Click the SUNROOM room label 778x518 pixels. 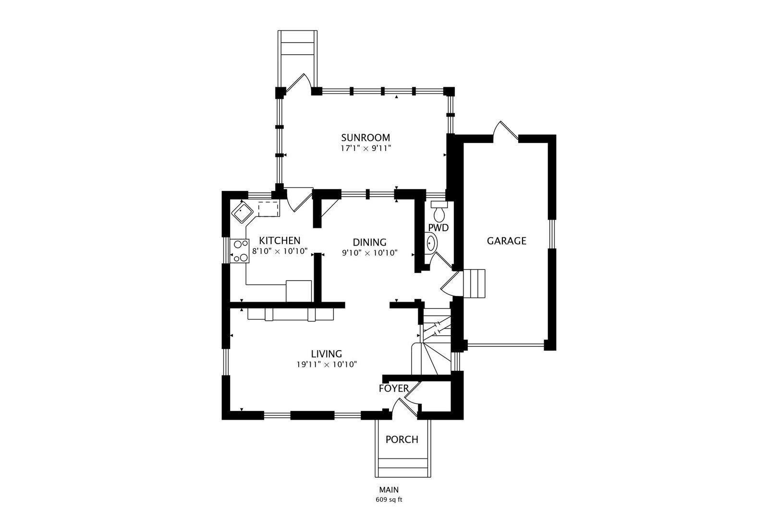(x=365, y=138)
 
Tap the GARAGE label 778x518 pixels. (x=507, y=241)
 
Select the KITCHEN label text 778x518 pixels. (x=280, y=241)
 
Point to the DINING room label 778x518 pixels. (x=370, y=242)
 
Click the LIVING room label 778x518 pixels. (x=327, y=354)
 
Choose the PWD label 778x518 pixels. (x=438, y=228)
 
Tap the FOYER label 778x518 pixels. (x=394, y=388)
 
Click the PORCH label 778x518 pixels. (x=402, y=439)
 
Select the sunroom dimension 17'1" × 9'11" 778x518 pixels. (x=366, y=149)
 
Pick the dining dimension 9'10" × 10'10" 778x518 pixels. (x=370, y=253)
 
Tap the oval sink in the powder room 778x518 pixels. (x=431, y=243)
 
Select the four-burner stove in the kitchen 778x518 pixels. (x=240, y=251)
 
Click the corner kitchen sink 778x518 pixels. (x=243, y=212)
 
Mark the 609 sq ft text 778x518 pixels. (x=389, y=500)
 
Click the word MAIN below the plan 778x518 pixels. (x=389, y=490)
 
